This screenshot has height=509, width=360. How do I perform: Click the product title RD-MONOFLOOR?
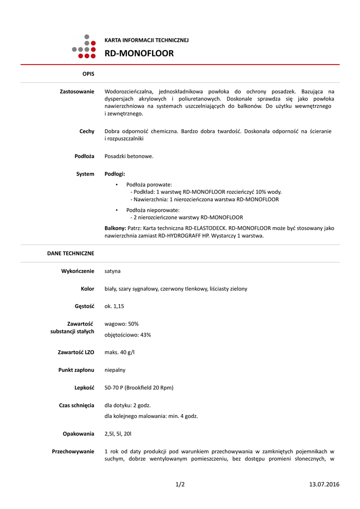139,53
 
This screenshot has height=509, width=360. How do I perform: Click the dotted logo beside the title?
84,46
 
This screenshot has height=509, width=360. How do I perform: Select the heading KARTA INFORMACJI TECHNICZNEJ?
146,40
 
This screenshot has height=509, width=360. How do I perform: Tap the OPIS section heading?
88,74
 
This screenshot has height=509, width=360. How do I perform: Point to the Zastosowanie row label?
77,91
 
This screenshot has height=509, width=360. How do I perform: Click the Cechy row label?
87,131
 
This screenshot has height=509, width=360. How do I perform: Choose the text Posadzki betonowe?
129,156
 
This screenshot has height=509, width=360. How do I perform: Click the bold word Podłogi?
115,174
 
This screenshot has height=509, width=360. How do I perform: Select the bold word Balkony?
115,228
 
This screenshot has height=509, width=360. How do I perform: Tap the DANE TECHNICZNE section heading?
71,253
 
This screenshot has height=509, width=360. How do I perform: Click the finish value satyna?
112,271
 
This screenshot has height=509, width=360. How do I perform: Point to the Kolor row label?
88,289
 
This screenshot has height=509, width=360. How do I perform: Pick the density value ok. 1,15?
114,306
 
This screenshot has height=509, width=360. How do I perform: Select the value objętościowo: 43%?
127,335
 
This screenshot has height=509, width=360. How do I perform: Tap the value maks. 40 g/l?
119,352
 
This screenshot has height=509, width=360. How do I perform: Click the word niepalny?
115,370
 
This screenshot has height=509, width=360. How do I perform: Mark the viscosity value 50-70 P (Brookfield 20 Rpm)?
139,387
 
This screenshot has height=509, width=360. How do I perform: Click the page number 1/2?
180,484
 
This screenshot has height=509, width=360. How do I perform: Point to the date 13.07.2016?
324,484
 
